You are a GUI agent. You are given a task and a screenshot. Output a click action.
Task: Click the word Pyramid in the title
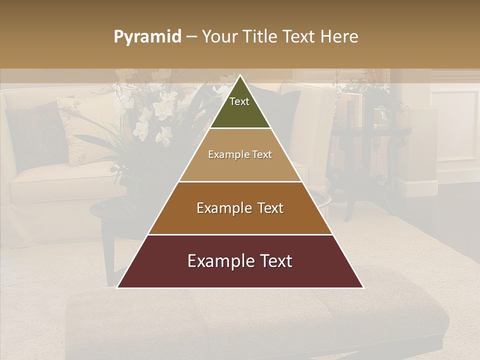click(147, 37)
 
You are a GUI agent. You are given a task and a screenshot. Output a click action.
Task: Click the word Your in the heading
click(218, 37)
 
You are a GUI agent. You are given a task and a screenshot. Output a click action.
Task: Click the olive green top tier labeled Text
click(239, 107)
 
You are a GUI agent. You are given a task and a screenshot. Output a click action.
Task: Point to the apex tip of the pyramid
click(240, 76)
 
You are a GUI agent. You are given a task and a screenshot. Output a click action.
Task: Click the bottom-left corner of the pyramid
click(118, 287)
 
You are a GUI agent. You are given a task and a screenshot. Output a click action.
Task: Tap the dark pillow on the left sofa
click(35, 135)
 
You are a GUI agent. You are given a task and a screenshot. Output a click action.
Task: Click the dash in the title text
click(191, 37)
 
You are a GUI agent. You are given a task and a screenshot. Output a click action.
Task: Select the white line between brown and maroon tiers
click(240, 234)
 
